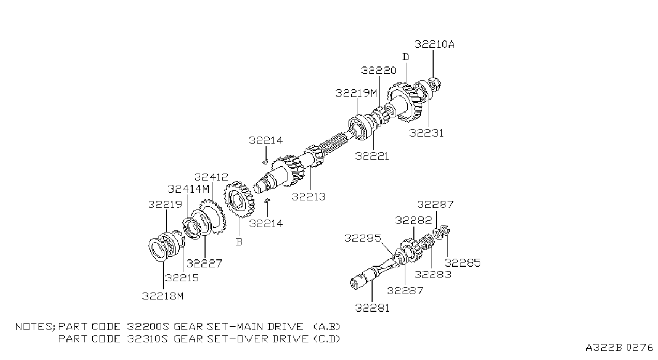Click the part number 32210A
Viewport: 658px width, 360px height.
click(x=434, y=44)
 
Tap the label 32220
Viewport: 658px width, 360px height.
click(x=379, y=70)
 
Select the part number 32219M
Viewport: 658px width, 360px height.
click(x=356, y=93)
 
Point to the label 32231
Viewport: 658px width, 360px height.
click(x=426, y=133)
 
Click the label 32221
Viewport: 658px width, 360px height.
click(x=372, y=156)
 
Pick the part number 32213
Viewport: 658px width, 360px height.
click(x=309, y=196)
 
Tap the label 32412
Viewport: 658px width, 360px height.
click(x=211, y=177)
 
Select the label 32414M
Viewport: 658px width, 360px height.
click(x=188, y=189)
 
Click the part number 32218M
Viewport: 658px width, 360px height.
click(x=163, y=296)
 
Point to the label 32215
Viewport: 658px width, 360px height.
click(x=182, y=277)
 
